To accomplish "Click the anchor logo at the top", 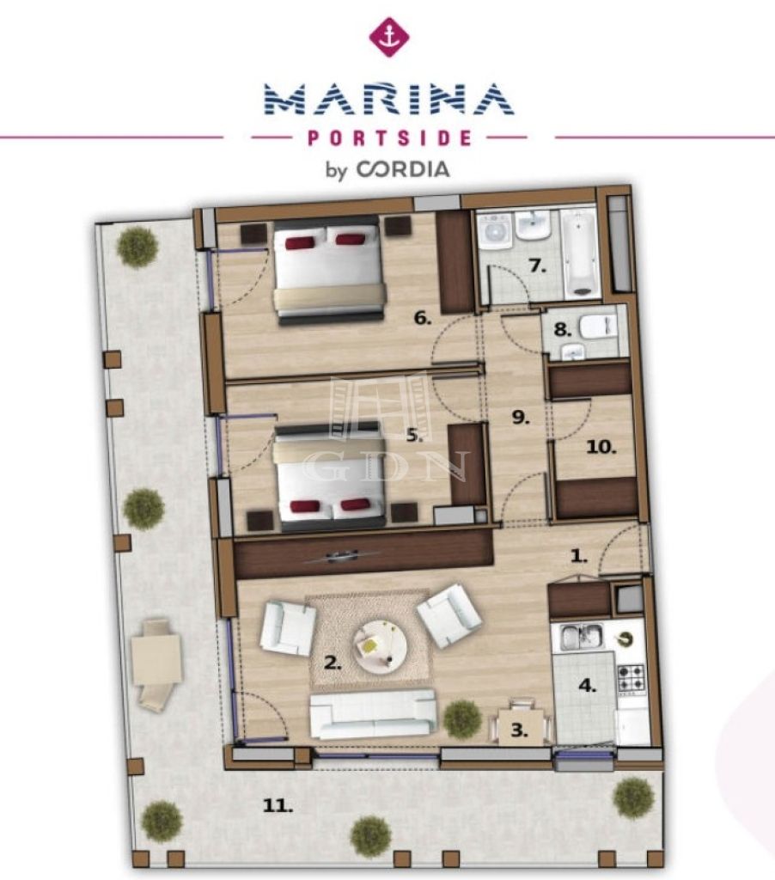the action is (389, 37).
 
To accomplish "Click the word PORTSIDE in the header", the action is (389, 138).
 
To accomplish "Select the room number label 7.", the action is (537, 266).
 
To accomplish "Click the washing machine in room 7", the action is (495, 230).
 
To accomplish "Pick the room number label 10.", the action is (601, 447).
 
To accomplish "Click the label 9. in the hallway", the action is (520, 418).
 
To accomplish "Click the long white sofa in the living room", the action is (373, 714).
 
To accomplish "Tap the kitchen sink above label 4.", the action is (582, 637).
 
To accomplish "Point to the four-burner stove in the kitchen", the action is (632, 679).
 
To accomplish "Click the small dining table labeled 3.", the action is (522, 727).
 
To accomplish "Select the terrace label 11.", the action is (278, 806).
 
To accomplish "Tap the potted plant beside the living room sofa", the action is (462, 720).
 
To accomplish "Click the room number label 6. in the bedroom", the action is (423, 318).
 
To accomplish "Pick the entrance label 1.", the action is (578, 556).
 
